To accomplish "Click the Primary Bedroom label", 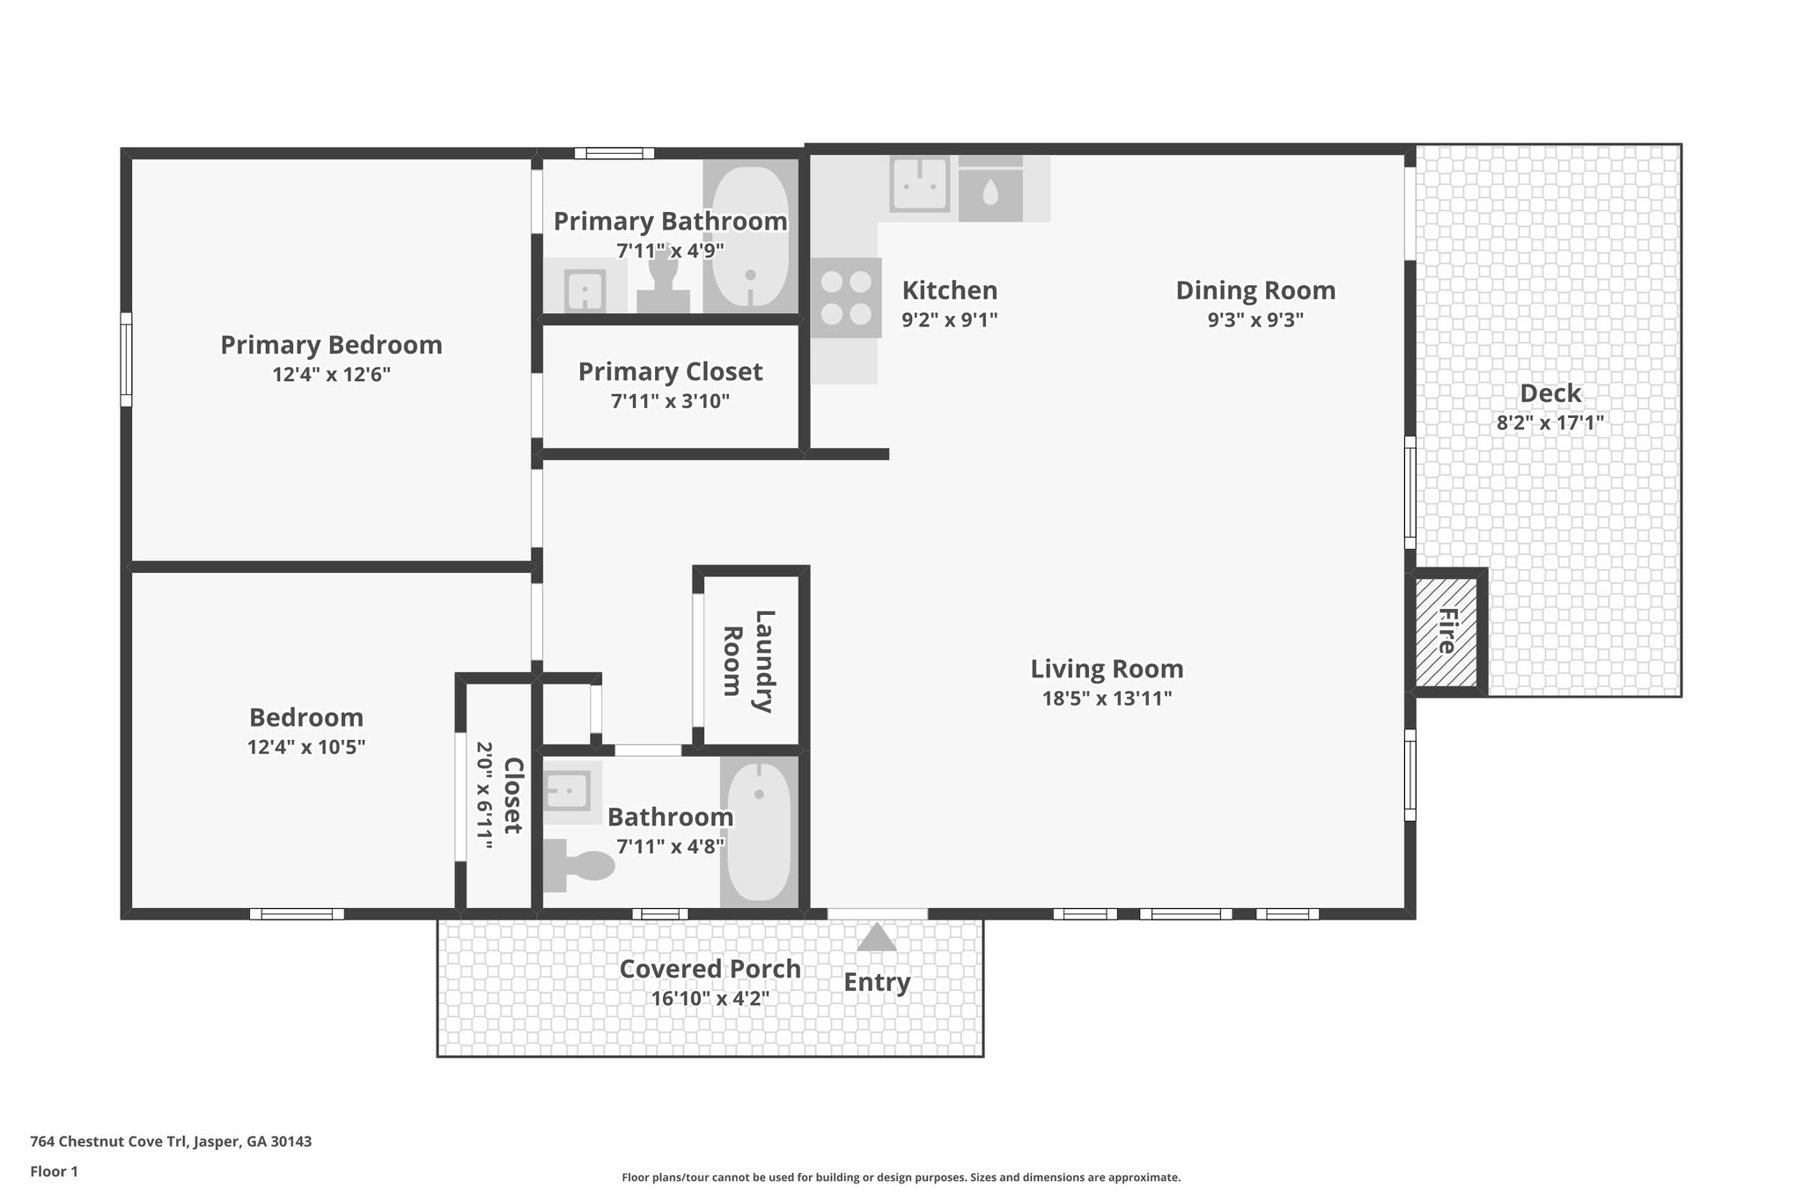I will point(331,345).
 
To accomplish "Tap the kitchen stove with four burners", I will point(846,297).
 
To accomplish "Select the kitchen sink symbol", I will point(919,184).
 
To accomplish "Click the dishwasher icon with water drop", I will point(990,192).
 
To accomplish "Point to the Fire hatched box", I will point(1446,631).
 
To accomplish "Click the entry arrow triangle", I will point(877,938).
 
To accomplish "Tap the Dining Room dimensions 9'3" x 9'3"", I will point(1255,319).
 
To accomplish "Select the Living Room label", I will point(1107,669).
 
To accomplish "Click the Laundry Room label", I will point(747,661).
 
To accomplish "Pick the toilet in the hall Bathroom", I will point(581,865).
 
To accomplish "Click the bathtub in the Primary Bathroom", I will point(750,235).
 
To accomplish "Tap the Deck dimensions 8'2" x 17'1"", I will point(1549,422).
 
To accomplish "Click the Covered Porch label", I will point(710,969).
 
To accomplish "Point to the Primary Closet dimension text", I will point(670,402).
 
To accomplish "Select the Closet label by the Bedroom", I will point(513,795).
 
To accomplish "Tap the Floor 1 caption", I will point(54,1171).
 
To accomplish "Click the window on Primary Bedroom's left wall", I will point(126,359).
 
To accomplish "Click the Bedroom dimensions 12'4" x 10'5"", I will point(305,748).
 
